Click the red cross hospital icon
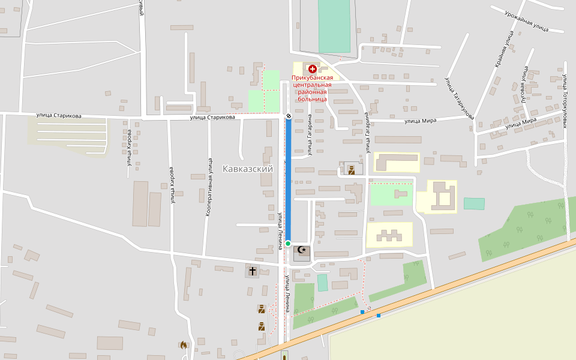point(313,70)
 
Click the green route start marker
point(288,243)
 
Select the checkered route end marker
point(288,116)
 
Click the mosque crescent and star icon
point(302,250)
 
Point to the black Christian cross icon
point(253,272)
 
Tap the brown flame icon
point(183,345)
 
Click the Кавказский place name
point(247,169)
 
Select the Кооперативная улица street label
point(209,187)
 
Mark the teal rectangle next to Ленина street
point(323,283)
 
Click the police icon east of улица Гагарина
point(351,170)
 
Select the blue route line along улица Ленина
point(288,180)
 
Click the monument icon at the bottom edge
point(284,355)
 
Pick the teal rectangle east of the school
point(474,203)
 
